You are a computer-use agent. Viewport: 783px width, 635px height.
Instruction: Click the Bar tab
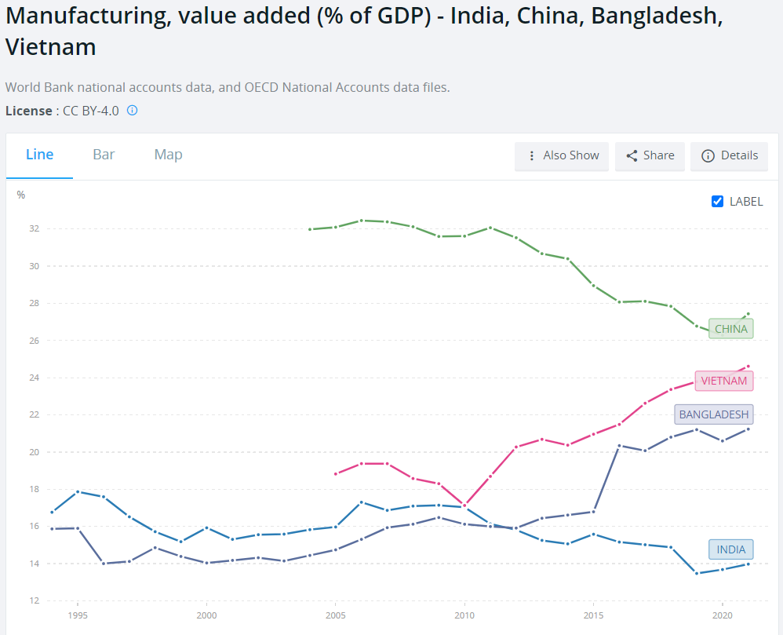click(104, 155)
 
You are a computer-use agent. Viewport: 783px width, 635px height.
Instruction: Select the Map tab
click(168, 155)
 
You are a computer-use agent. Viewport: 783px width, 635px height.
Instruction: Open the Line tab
click(39, 155)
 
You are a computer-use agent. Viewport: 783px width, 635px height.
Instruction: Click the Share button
click(650, 155)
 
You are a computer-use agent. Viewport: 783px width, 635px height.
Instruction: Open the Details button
click(730, 155)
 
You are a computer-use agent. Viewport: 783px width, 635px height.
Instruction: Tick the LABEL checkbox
click(717, 201)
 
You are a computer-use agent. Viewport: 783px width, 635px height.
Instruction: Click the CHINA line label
click(730, 329)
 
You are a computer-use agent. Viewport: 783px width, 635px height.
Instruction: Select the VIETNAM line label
click(723, 381)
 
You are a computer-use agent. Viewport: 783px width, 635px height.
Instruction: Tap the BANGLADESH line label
click(713, 414)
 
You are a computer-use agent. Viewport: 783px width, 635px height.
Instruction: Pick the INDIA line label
click(730, 549)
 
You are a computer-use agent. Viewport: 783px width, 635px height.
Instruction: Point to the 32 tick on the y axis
click(34, 229)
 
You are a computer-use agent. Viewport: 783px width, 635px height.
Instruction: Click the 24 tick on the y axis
click(34, 378)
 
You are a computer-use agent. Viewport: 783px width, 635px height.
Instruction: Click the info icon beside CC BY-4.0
click(133, 111)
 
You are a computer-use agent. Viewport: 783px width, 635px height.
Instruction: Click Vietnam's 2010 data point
click(464, 505)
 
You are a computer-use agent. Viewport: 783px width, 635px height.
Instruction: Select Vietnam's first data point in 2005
click(336, 474)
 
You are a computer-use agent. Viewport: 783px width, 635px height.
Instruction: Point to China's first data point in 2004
click(310, 229)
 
